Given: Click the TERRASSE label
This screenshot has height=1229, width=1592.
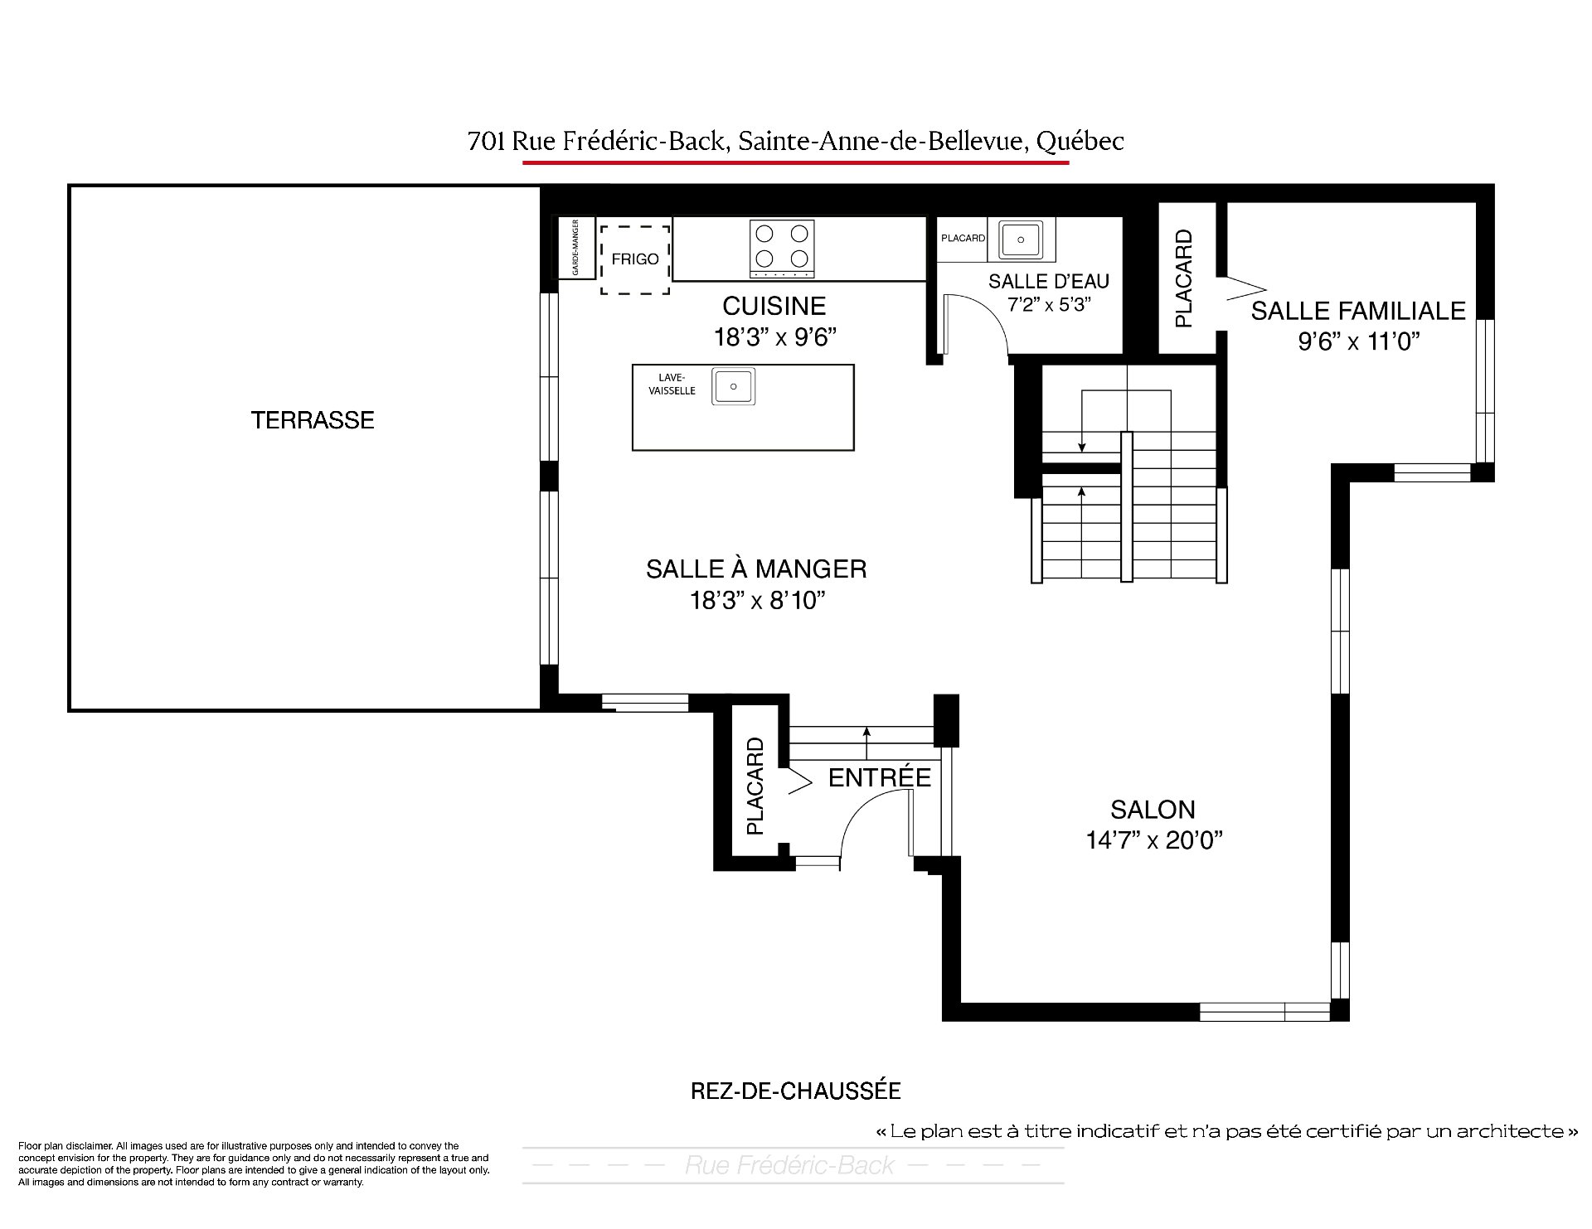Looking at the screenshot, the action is tap(313, 420).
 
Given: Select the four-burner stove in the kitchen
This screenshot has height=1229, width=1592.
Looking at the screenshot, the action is tap(781, 248).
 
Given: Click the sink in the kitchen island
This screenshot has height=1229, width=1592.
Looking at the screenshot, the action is tap(733, 387).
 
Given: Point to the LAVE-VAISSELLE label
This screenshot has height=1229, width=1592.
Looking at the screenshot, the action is tap(672, 385).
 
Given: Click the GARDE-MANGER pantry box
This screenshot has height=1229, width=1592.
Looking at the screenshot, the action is tap(574, 248).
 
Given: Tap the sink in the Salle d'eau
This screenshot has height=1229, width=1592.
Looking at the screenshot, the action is tap(1022, 240).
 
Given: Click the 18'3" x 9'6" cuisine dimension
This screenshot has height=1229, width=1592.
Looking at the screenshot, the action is tap(775, 337).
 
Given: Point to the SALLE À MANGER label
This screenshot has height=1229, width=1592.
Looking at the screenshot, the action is tap(756, 569).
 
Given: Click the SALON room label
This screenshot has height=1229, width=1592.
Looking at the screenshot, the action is tap(1153, 810).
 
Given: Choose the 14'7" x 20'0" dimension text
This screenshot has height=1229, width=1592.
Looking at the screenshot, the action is tap(1154, 840).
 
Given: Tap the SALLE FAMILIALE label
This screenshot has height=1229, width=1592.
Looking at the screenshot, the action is tap(1358, 311).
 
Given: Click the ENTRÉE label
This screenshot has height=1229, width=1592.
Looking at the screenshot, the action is tap(879, 777).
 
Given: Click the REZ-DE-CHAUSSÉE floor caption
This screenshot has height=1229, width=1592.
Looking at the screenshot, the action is tap(795, 1091).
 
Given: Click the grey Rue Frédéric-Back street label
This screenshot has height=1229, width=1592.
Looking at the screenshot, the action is tap(789, 1165).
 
